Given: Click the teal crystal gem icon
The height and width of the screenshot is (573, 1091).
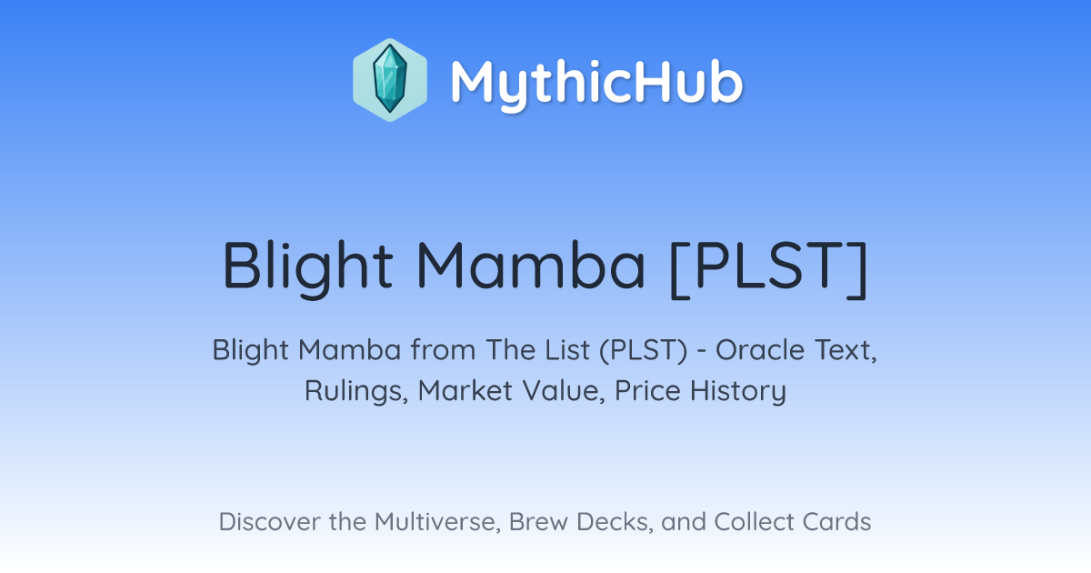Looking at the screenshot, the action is (x=390, y=79).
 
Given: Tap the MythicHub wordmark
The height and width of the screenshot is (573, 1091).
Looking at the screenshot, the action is (x=596, y=84).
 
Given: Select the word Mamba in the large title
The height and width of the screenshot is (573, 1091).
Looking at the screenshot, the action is (x=531, y=266).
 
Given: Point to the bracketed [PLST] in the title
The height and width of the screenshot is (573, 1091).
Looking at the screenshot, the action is (x=769, y=268).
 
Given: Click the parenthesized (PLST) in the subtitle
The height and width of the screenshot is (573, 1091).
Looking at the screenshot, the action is (x=644, y=350).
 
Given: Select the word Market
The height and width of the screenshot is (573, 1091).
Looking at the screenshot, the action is (x=465, y=390).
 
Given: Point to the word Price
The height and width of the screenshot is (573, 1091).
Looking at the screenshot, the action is (x=647, y=390).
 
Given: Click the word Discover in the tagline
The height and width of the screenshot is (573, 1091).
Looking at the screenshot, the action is (x=269, y=522).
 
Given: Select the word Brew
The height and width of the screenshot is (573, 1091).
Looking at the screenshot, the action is (x=538, y=522).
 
